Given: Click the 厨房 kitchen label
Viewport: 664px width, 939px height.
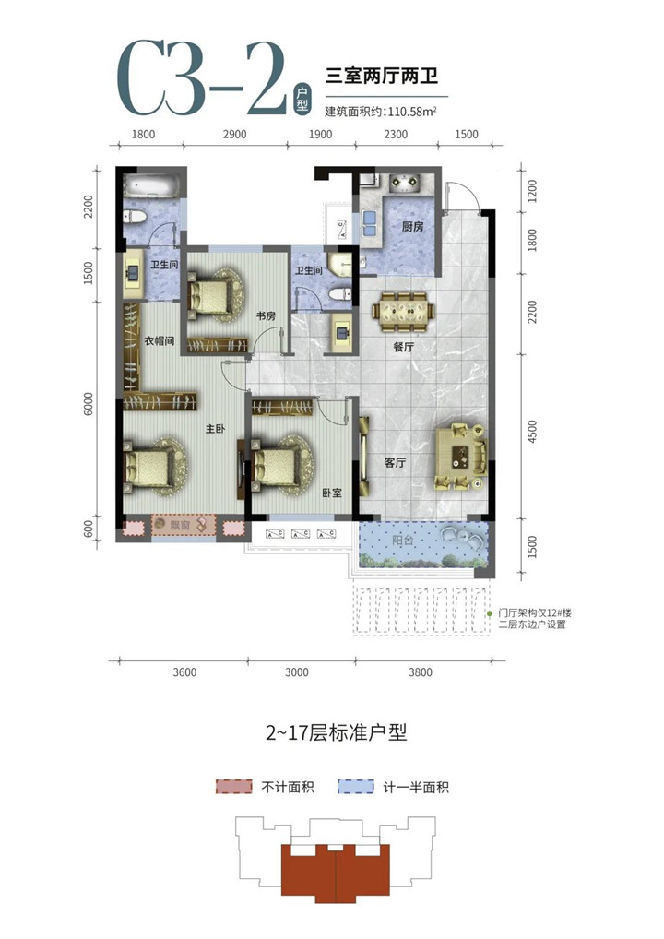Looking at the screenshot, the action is point(412,226).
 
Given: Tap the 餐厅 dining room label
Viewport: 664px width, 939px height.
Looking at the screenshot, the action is point(404,347).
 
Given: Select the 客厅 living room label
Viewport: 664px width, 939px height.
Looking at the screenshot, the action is point(395,462).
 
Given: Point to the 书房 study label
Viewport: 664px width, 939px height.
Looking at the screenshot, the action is point(266,315).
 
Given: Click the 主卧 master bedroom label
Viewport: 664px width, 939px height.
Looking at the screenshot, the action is point(215,429).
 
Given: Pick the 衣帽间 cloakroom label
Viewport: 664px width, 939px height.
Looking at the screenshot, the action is point(160,340).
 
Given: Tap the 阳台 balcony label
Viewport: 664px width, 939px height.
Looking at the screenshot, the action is point(403,541).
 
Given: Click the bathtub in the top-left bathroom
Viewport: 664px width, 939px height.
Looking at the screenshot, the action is point(151,185).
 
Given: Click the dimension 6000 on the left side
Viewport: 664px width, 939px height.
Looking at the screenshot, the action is point(88,404).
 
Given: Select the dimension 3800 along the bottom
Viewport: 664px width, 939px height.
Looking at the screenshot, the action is point(421,672).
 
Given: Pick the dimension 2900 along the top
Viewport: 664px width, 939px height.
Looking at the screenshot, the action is point(234,134).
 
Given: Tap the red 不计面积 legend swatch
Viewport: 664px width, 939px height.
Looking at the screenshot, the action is point(234,786).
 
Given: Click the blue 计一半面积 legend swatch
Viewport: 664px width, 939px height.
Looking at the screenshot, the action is point(356,786).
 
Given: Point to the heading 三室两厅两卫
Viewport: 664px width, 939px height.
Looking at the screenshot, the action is point(382,76).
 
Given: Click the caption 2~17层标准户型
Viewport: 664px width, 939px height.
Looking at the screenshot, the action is point(336,732).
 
